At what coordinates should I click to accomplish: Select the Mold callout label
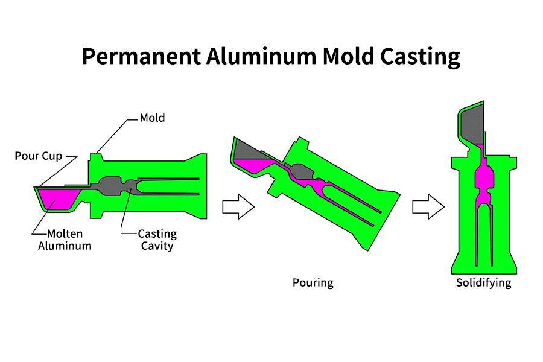point(152,118)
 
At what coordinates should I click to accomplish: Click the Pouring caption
point(313,282)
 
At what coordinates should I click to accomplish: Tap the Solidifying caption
point(483,282)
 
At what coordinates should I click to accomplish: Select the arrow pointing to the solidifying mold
point(428,206)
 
